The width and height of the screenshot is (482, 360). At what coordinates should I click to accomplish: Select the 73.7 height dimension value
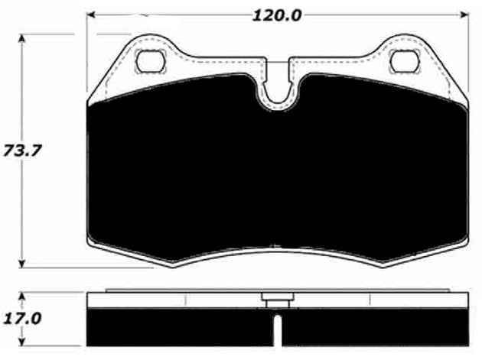click(x=21, y=148)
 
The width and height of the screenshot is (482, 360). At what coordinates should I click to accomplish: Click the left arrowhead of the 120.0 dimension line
click(x=91, y=15)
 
